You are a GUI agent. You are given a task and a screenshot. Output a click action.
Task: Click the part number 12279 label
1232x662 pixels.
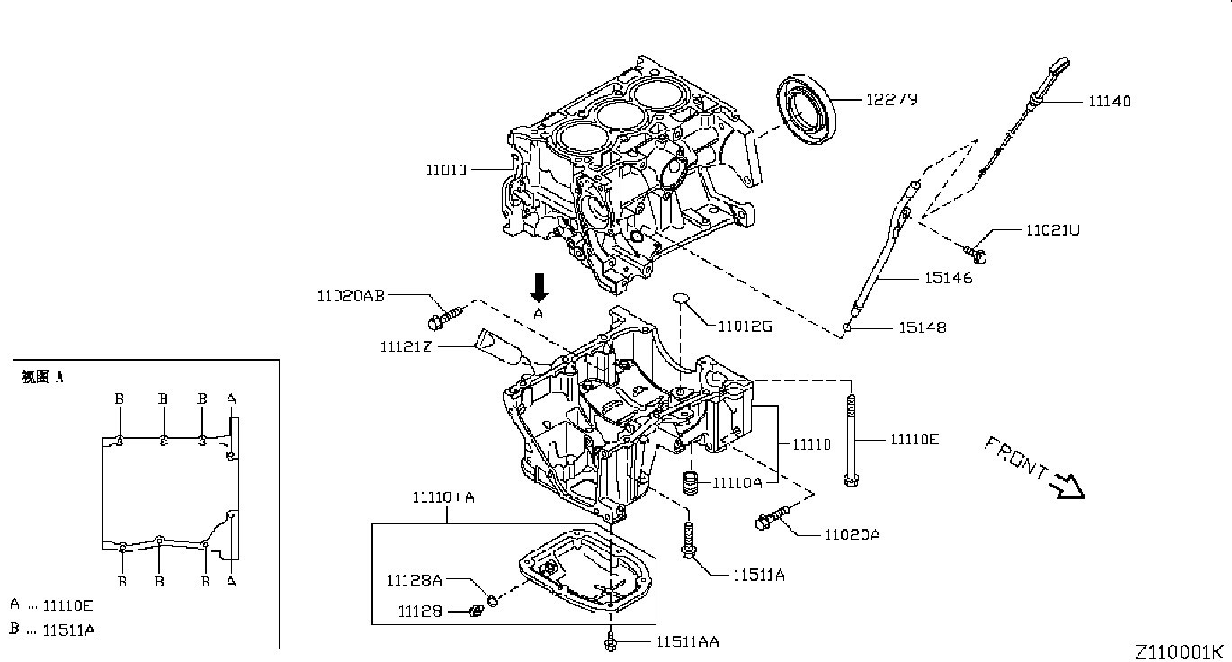[x=891, y=100]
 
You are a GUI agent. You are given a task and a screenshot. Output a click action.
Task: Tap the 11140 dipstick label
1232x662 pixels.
[x=1110, y=102]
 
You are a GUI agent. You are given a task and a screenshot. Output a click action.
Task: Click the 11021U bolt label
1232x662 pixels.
[x=1053, y=229]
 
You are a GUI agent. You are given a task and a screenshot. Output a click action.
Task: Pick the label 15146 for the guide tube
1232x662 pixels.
[x=948, y=278]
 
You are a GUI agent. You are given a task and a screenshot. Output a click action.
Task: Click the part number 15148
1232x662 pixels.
[x=923, y=328]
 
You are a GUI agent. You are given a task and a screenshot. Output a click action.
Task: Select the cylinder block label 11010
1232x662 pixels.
[x=446, y=170]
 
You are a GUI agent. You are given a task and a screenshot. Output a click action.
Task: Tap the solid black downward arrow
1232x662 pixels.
[x=540, y=288]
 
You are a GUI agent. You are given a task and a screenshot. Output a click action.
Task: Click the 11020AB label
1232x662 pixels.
[x=351, y=296]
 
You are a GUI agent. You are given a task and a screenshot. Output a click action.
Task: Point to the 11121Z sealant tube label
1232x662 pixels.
[x=406, y=346]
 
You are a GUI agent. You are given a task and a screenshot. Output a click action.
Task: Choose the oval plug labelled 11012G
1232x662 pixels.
[x=681, y=298]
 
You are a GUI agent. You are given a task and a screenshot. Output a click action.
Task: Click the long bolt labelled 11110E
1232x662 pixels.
[x=851, y=440]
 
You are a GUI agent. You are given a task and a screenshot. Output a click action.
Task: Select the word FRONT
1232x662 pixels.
[x=1016, y=456]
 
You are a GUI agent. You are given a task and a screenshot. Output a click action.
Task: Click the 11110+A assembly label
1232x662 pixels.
[x=443, y=497]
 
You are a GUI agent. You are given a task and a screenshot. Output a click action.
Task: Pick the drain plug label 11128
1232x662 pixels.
[x=420, y=612]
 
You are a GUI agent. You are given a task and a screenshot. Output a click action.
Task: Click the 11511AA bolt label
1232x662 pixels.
[x=688, y=641]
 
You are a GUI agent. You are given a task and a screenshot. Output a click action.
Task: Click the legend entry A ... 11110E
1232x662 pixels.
[x=51, y=605]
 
